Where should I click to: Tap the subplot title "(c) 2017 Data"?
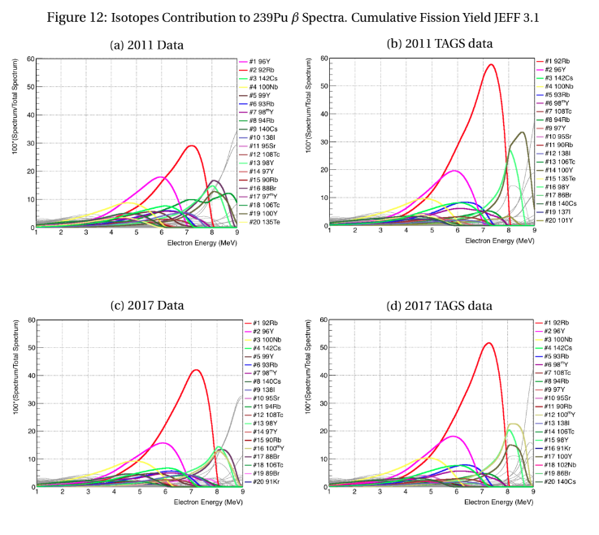[147, 305]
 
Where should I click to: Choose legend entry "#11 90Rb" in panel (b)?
[561, 145]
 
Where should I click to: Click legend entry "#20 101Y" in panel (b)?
[561, 220]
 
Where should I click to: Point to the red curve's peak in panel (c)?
[196, 370]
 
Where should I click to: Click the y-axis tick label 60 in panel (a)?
[28, 59]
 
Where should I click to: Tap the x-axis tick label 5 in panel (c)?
[140, 494]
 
